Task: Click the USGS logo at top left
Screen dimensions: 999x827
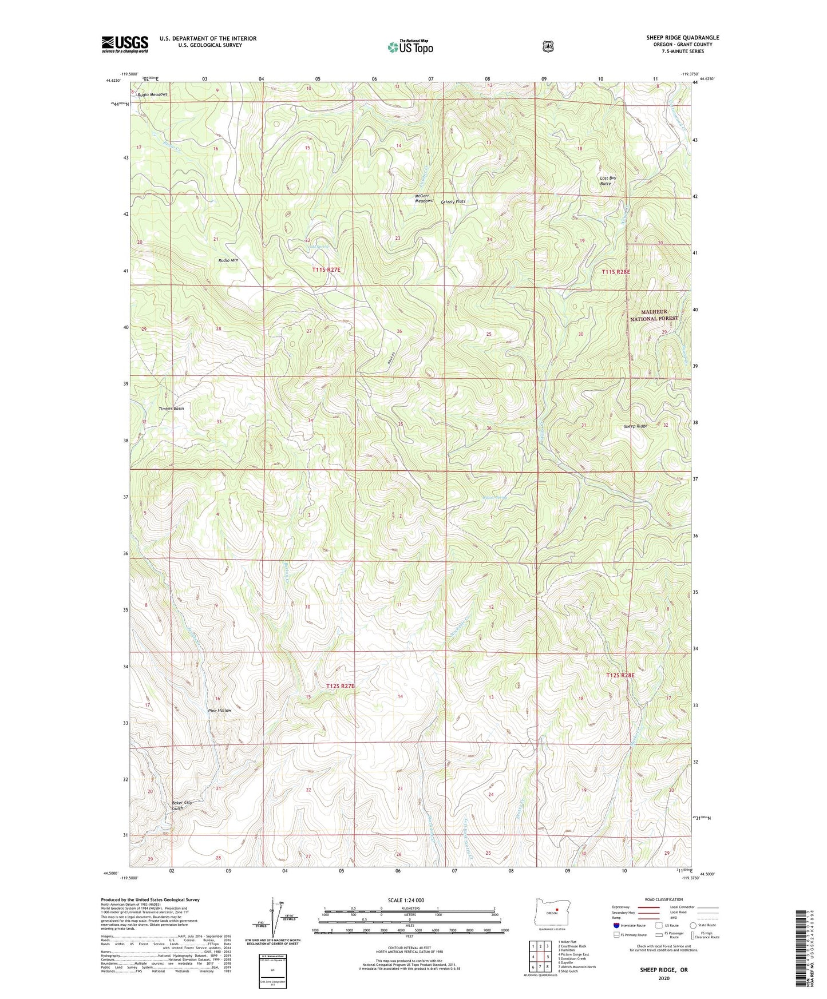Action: pos(125,44)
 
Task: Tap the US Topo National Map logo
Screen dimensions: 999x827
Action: pos(410,47)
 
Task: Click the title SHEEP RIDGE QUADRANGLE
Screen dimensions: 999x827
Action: pos(682,38)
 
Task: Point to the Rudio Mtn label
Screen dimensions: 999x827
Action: pos(228,260)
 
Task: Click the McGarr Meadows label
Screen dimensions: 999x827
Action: pos(424,199)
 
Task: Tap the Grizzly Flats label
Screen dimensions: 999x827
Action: pos(453,201)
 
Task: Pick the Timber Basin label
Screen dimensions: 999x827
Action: pos(171,409)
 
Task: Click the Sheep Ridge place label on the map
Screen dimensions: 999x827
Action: pos(635,426)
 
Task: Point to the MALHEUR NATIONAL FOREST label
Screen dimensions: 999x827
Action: pos(654,315)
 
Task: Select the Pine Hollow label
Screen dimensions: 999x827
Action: pos(220,710)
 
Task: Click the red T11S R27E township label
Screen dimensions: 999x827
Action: pos(330,269)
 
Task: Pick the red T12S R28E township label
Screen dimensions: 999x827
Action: pos(620,675)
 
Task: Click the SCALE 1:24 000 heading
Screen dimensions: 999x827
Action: pos(406,900)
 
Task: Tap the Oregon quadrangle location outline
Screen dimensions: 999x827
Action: pos(552,912)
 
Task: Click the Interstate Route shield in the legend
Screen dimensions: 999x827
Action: pos(616,925)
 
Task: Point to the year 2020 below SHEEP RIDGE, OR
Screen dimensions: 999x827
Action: pos(664,978)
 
